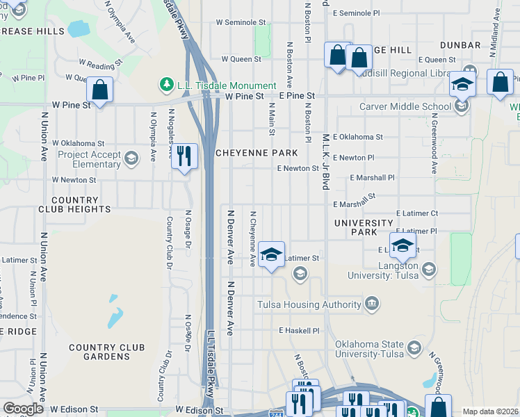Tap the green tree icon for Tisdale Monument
click(166, 84)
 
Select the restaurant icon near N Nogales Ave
click(184, 156)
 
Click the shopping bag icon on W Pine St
click(99, 90)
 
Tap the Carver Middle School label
click(405, 106)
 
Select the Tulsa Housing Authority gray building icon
click(372, 304)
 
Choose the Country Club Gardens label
click(107, 352)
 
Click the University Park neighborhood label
click(364, 227)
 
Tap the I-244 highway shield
click(275, 413)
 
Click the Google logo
click(23, 409)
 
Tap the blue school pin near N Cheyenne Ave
click(272, 254)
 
